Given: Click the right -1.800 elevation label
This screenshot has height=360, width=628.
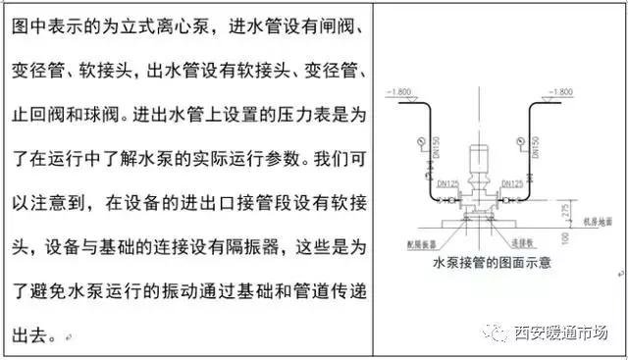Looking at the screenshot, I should point(555,91).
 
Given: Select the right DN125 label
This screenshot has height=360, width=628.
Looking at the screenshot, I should point(510,183).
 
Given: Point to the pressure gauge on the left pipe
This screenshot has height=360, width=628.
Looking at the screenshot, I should point(421,141).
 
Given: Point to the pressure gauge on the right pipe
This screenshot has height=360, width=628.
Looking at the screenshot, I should point(541,141).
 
